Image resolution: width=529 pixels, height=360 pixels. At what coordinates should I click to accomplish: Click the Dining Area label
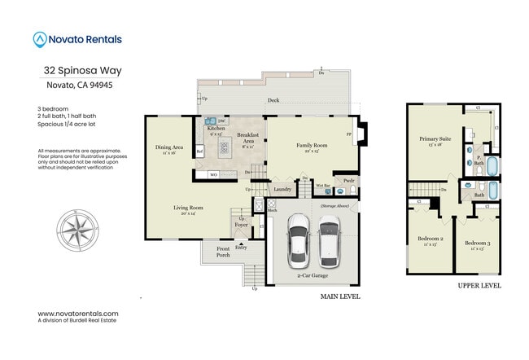tap(169, 147)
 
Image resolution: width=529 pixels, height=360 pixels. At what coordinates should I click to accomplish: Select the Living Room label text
tap(188, 209)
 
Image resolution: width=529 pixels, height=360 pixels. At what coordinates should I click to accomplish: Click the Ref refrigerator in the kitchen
tap(199, 151)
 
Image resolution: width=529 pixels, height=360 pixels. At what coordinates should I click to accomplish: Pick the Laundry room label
tap(282, 189)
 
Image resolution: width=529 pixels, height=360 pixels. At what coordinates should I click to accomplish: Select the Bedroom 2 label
tap(427, 239)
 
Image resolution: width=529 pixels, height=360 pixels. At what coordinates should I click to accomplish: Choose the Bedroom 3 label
tap(477, 244)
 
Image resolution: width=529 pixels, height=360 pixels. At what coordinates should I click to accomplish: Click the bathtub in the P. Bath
tap(495, 162)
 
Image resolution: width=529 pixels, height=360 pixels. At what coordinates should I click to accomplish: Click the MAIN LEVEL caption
tap(340, 296)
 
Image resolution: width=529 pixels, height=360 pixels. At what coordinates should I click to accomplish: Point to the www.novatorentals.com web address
tap(78, 314)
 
